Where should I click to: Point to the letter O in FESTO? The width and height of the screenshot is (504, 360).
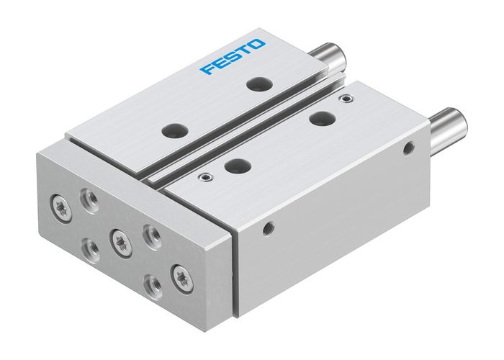[x=257, y=45]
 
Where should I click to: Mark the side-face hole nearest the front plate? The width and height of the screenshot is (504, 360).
[x=268, y=229]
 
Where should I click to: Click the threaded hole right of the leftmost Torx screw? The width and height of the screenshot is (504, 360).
[x=90, y=197]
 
